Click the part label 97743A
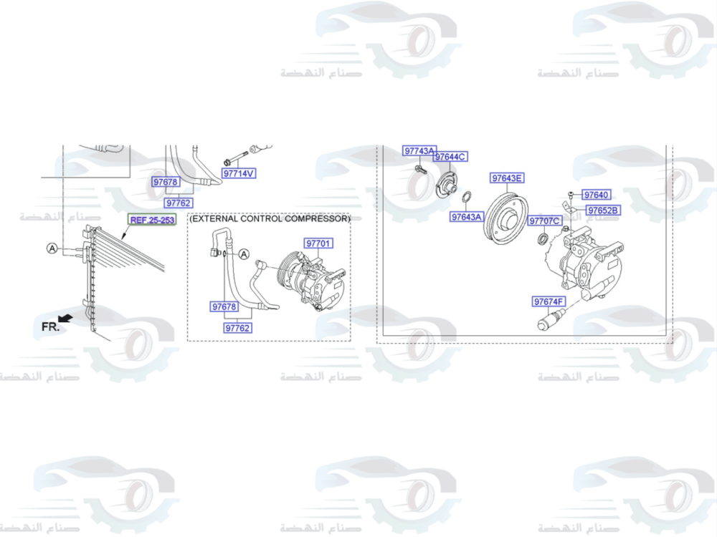(419, 151)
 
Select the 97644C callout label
(450, 157)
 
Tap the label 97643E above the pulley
(508, 178)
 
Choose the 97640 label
(596, 195)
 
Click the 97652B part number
(604, 211)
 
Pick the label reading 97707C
(544, 221)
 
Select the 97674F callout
(549, 301)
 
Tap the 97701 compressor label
(318, 243)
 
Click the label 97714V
(239, 173)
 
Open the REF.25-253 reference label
(152, 220)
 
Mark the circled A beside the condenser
(52, 248)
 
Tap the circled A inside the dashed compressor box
(243, 254)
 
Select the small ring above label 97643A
(465, 198)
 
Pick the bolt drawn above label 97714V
(235, 158)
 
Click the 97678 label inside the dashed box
(224, 307)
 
